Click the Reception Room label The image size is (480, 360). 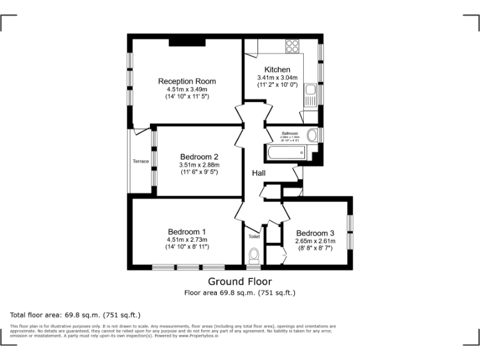(187, 81)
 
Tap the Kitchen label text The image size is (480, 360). (277, 69)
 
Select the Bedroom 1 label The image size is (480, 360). (186, 232)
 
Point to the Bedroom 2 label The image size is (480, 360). (199, 157)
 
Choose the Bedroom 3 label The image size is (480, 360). (315, 233)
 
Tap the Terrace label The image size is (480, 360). (141, 161)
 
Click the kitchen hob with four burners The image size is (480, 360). (292, 46)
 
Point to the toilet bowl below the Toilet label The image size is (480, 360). (254, 256)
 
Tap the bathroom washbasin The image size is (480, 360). (312, 136)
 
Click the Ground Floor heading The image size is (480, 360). (239, 281)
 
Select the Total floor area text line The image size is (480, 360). (75, 315)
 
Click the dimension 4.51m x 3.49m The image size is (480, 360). (187, 89)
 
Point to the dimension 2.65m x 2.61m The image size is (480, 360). (315, 241)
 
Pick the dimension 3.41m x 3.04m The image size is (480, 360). (277, 77)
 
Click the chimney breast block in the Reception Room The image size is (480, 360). (187, 42)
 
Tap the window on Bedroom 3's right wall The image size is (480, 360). (350, 232)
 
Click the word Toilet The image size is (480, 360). (254, 237)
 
